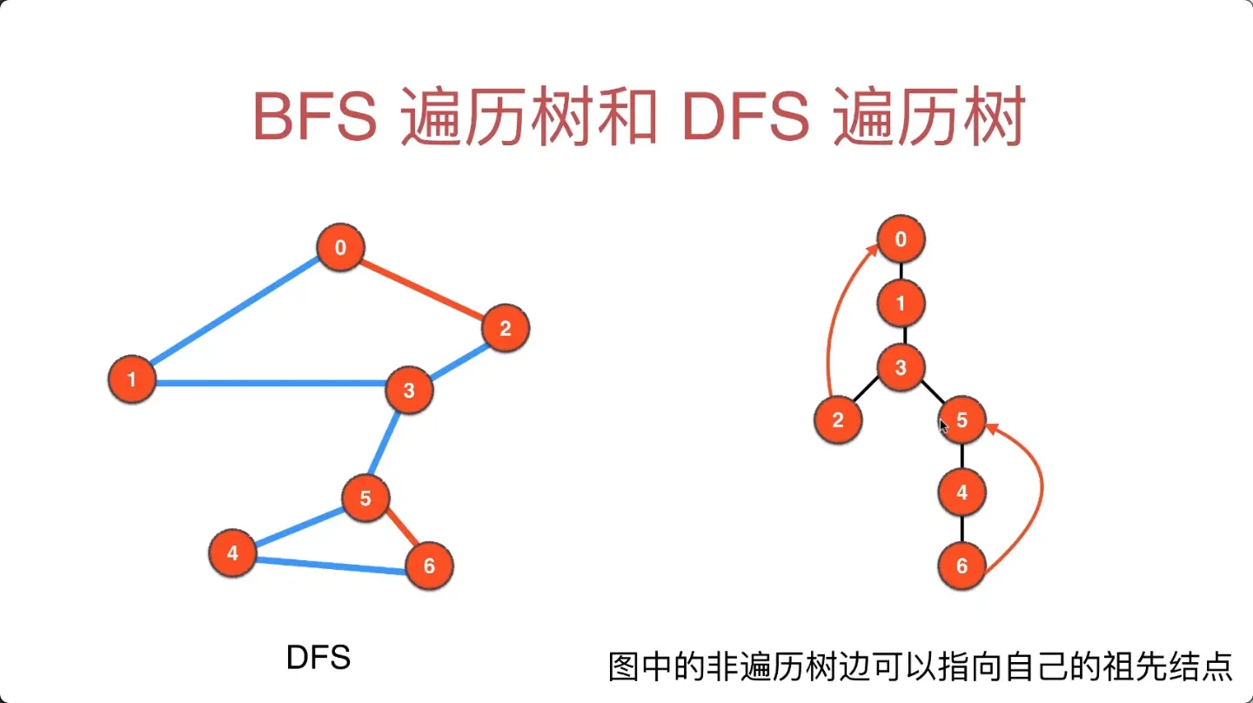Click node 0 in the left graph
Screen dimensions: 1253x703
click(340, 248)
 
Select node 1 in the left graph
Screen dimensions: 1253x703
click(132, 379)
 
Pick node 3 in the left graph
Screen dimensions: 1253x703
click(409, 390)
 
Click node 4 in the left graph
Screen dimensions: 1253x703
click(232, 552)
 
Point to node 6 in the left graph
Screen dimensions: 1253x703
click(429, 566)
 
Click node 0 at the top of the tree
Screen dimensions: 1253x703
click(901, 239)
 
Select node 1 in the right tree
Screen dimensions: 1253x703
click(901, 304)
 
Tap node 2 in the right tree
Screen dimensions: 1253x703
click(837, 421)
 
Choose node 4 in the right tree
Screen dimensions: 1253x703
click(962, 492)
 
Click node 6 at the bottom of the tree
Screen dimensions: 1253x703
click(962, 566)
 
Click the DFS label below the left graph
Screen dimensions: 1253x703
click(318, 658)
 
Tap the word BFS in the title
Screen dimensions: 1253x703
click(314, 117)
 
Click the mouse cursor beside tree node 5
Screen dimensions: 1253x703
click(943, 425)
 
